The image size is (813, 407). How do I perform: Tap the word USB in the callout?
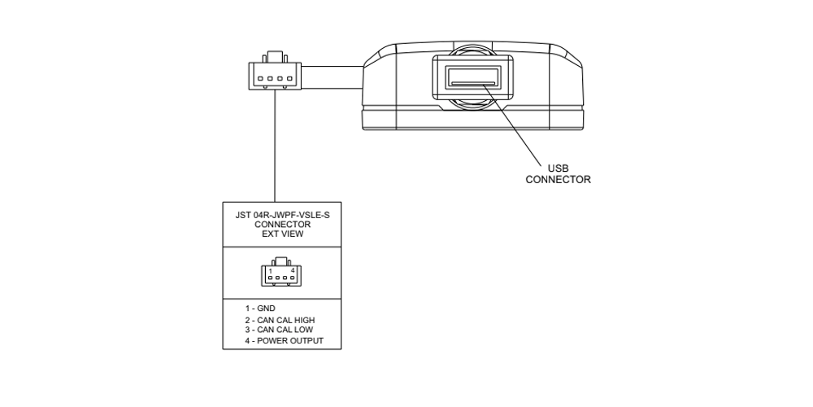pos(558,168)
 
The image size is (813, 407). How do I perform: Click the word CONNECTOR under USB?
pos(558,180)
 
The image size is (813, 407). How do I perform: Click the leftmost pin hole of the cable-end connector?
pos(260,79)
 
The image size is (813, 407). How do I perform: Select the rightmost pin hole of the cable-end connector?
pos(287,79)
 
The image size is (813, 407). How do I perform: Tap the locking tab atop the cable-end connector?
pos(274,57)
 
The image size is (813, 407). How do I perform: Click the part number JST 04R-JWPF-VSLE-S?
pos(282,216)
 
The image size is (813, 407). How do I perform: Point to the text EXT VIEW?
pos(282,234)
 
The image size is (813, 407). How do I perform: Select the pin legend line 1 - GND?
pos(260,309)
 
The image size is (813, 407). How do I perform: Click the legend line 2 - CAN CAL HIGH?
pos(280,320)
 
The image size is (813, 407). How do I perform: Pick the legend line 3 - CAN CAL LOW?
pos(279,330)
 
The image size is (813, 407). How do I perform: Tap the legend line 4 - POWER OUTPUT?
pos(284,341)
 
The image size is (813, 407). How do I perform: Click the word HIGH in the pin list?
pos(303,320)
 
